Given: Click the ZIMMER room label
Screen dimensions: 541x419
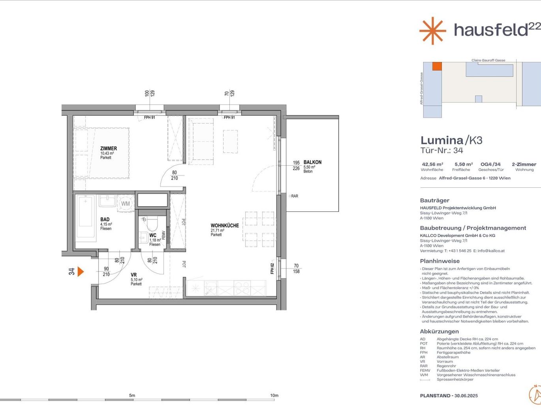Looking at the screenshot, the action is click(109, 148).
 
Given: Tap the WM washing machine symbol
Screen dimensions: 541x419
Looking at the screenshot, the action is click(126, 204).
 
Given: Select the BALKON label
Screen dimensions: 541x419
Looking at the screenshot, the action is click(312, 162).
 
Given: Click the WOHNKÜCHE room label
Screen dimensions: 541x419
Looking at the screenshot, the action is click(225, 225).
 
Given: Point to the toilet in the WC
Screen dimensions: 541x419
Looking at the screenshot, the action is click(152, 224).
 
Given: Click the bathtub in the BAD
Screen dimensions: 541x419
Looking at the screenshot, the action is click(85, 219).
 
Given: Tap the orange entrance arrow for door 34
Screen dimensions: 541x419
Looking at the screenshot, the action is click(81, 272).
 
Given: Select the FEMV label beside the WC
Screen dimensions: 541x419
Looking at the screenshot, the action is click(163, 235).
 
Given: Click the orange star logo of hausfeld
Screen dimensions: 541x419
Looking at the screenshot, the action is click(433, 31).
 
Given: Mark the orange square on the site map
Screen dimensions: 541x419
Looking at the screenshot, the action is click(437, 66).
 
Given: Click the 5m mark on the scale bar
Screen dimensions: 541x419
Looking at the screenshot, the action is click(132, 395).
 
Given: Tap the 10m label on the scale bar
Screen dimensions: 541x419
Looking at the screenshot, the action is click(274, 395).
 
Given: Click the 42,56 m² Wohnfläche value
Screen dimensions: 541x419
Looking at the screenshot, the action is click(432, 164).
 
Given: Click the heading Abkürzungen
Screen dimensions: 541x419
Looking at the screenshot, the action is click(439, 331).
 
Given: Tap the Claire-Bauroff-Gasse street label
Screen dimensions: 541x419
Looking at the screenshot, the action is click(488, 60).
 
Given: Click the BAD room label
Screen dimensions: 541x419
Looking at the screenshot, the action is click(105, 219).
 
